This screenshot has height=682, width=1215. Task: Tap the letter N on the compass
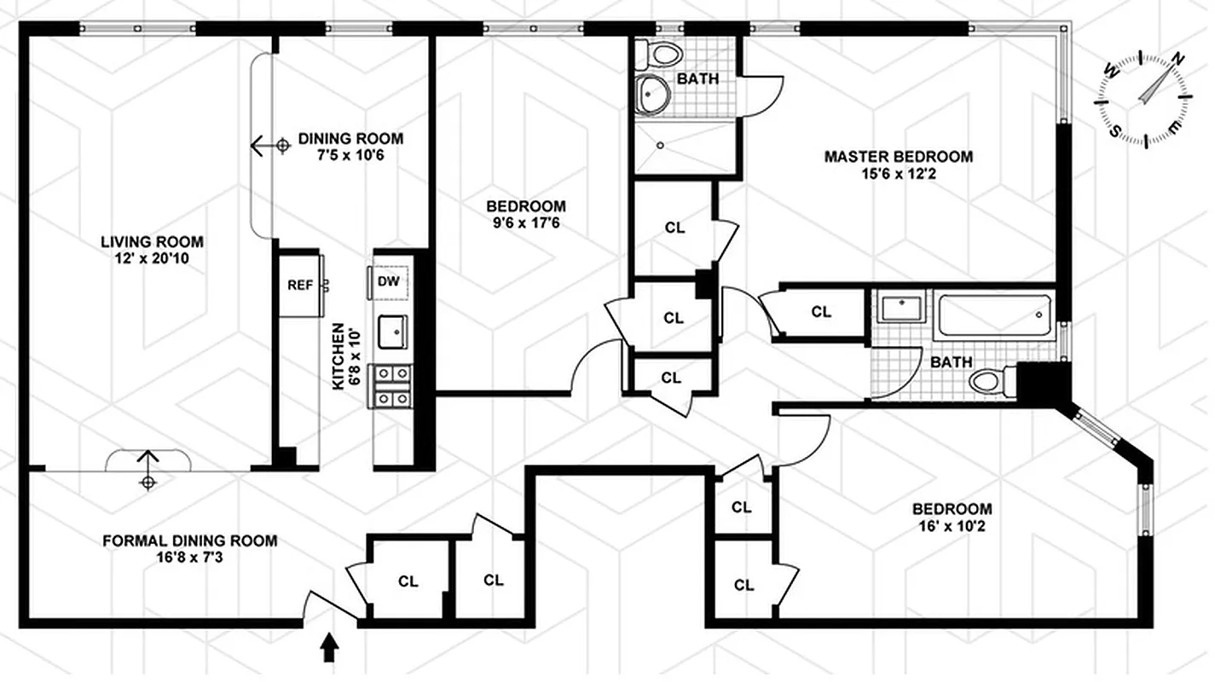1178,60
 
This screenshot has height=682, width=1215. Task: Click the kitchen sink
393,332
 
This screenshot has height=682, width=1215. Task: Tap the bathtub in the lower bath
994,315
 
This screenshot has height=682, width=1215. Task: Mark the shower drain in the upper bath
660,144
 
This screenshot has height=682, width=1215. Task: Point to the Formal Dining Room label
189,540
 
